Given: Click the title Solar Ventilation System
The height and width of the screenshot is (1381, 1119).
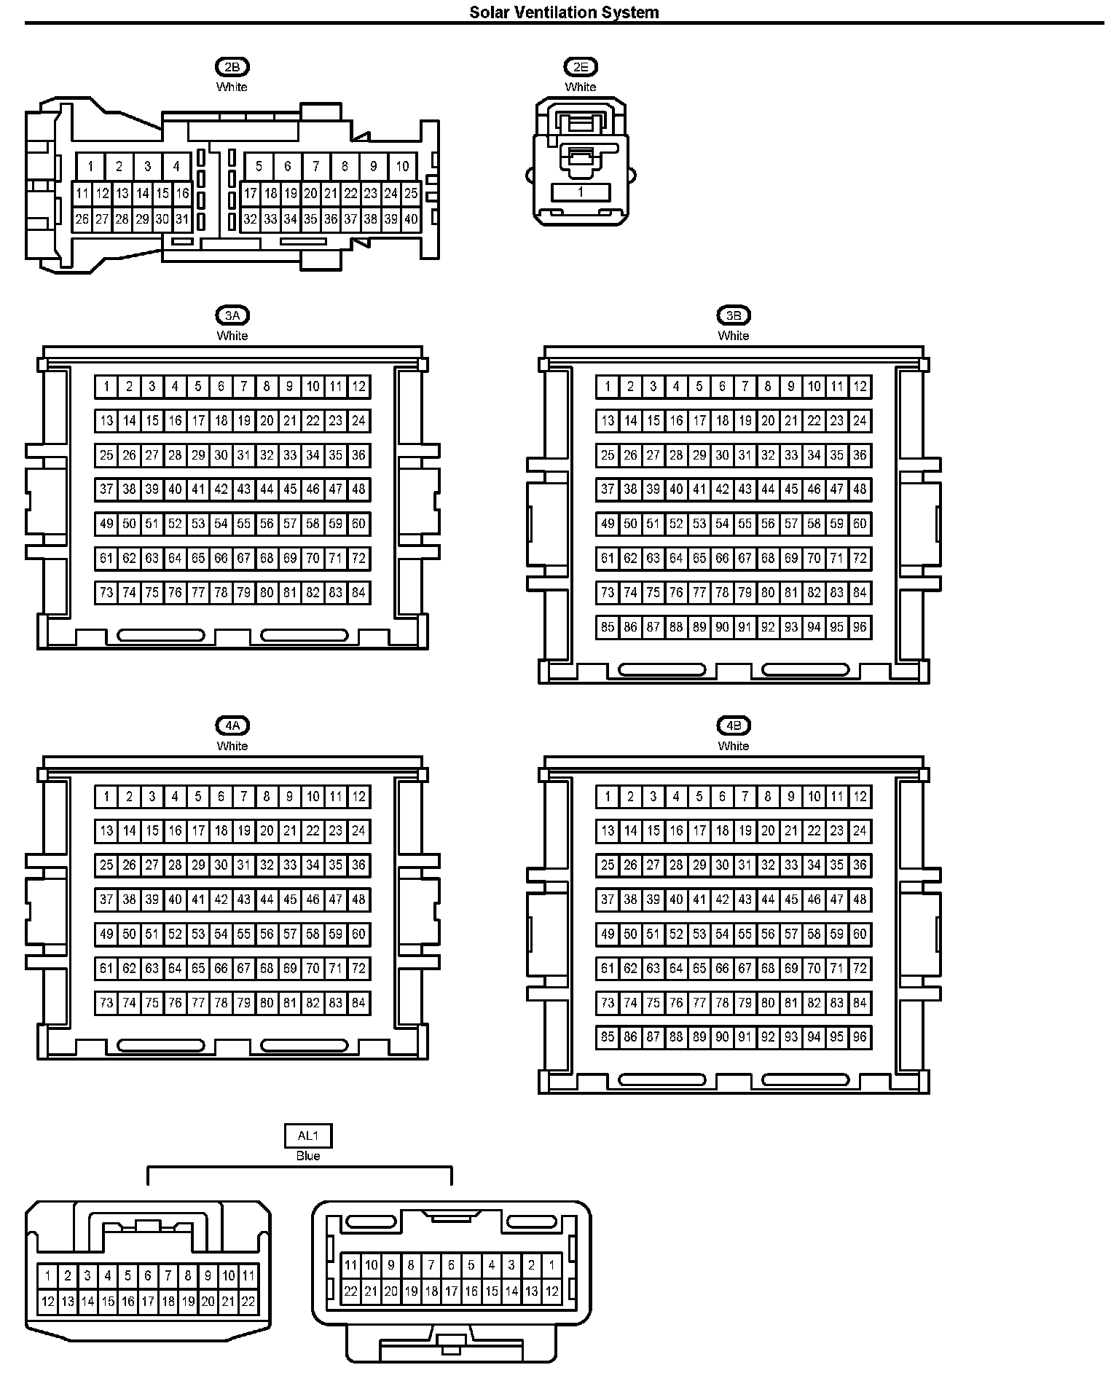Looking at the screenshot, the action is [x=564, y=12].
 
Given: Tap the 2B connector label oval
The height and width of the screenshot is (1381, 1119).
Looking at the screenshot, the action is [x=232, y=68].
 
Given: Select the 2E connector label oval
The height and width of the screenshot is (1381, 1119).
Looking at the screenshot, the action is [x=580, y=68].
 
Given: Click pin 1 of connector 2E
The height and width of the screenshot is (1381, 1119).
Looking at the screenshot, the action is [x=581, y=192].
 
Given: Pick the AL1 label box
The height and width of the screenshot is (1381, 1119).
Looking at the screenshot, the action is [x=307, y=1136].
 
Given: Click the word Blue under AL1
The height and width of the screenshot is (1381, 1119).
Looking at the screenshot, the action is [x=307, y=1156].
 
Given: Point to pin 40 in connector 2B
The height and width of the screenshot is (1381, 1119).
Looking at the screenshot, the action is [x=411, y=219].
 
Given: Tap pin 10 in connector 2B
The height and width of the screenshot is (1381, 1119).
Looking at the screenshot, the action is [x=402, y=166].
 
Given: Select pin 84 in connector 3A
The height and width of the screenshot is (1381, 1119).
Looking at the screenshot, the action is [x=358, y=593].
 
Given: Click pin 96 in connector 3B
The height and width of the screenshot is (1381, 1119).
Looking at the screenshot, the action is [x=860, y=627].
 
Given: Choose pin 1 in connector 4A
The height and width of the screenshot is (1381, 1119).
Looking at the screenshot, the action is [x=106, y=797].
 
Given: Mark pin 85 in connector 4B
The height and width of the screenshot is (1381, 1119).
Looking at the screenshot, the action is [x=608, y=1037].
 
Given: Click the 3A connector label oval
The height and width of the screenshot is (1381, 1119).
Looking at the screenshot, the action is [x=232, y=316].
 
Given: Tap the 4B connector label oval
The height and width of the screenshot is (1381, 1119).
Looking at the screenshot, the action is [x=733, y=726].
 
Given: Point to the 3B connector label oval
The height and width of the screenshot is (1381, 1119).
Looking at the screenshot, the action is [x=733, y=316].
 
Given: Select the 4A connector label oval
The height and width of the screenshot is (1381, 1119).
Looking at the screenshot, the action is [x=232, y=726].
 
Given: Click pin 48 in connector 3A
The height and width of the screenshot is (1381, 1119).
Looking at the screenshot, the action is [x=358, y=489].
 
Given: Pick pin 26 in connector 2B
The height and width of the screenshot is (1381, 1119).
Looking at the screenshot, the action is [x=82, y=219].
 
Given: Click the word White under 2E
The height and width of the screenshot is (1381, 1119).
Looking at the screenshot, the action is [x=580, y=87].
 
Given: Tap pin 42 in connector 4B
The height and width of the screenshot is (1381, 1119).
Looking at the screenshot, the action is [x=722, y=900].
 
